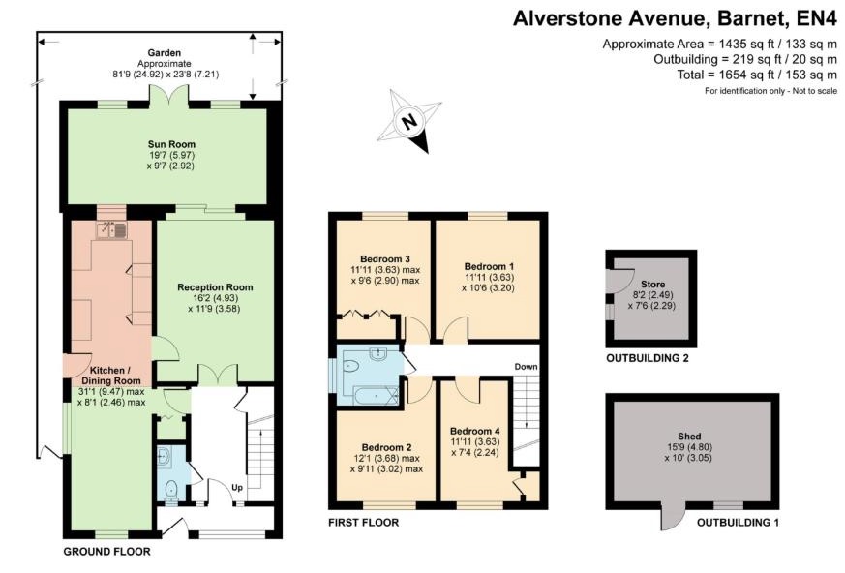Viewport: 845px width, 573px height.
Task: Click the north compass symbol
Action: click(x=409, y=122)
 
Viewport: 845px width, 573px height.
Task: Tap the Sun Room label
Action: click(x=165, y=144)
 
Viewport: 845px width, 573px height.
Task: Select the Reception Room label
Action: click(x=215, y=286)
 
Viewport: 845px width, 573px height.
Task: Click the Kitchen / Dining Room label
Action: click(x=119, y=375)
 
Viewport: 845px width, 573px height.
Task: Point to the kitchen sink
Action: click(x=112, y=230)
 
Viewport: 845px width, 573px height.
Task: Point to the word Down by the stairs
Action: click(x=526, y=367)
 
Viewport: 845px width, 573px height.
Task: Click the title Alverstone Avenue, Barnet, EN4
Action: click(x=675, y=17)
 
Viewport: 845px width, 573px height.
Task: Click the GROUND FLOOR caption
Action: click(x=106, y=552)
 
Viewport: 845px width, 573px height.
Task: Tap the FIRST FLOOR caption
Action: click(x=364, y=523)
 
